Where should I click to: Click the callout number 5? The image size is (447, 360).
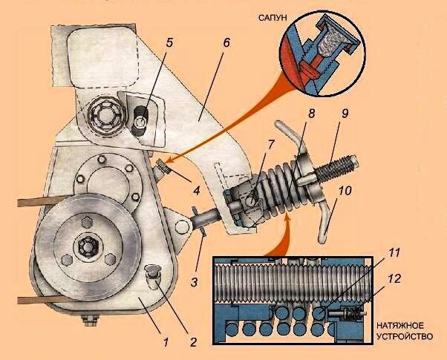pyautogui.click(x=169, y=42)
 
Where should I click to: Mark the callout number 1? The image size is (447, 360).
pyautogui.click(x=166, y=341)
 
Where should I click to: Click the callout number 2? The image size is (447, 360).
pyautogui.click(x=192, y=342)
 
